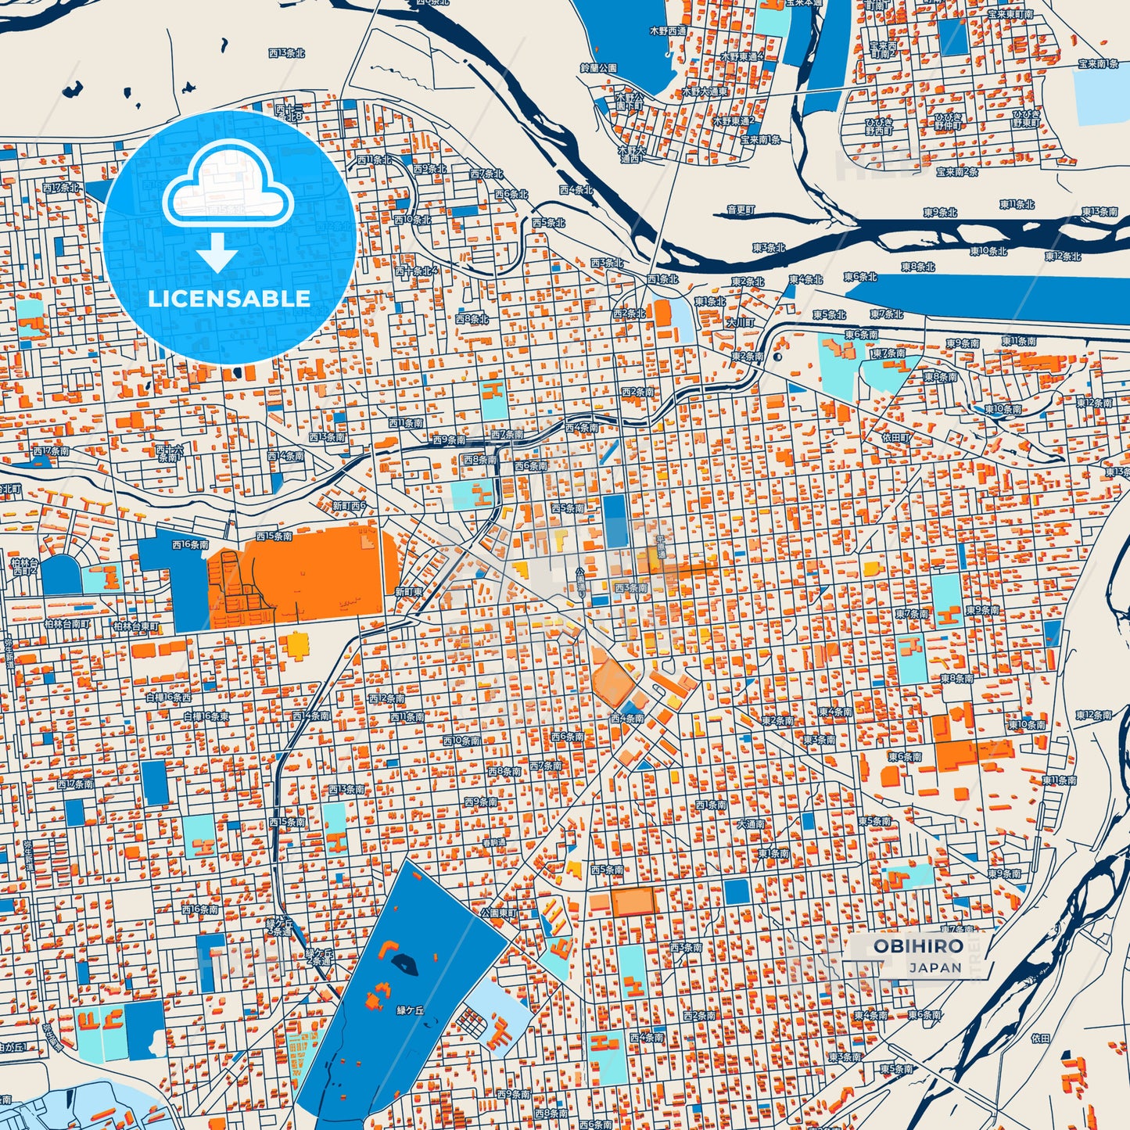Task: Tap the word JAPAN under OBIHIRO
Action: click(935, 967)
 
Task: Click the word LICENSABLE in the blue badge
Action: click(229, 298)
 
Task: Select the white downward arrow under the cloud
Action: click(217, 253)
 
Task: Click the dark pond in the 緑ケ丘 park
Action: click(404, 961)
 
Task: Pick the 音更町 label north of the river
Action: click(741, 210)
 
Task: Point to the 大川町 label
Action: click(740, 322)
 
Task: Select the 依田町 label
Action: click(896, 438)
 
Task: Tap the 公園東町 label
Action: click(498, 913)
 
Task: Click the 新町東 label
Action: click(408, 592)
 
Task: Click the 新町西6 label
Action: click(349, 506)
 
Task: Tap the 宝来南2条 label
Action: click(957, 172)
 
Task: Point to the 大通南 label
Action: click(751, 824)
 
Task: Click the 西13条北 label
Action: click(286, 53)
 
